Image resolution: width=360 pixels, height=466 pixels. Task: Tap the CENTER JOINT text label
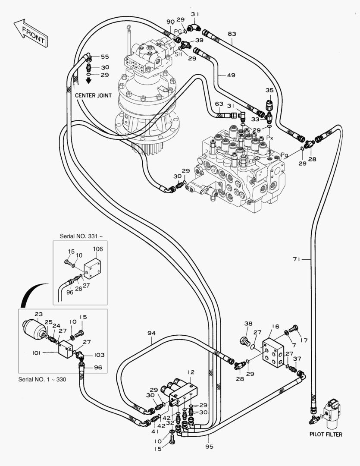[x=93, y=95]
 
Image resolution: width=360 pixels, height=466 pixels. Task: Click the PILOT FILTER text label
[x=326, y=435]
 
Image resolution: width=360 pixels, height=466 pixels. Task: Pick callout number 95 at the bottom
[x=210, y=447]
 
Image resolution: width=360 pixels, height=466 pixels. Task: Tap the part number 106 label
[x=98, y=249]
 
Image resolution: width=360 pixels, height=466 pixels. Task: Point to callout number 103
[x=99, y=355]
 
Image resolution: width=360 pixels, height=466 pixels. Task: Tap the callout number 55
[x=105, y=57]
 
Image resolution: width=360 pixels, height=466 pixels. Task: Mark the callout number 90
[x=170, y=22]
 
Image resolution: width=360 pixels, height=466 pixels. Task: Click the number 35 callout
[x=269, y=90]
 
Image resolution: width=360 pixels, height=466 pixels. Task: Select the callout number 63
[x=219, y=104]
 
